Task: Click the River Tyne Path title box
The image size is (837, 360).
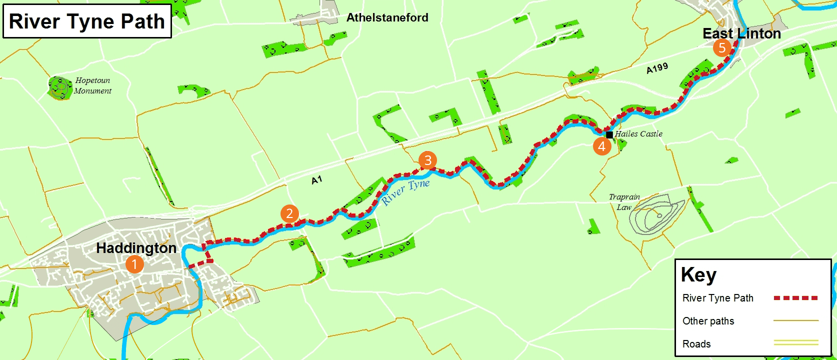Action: point(87,21)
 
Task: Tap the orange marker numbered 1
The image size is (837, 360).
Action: point(134,264)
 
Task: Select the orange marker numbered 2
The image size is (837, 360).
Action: point(289,213)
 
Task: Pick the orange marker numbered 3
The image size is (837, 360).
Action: point(427,160)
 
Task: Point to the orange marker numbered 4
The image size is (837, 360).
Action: point(602,146)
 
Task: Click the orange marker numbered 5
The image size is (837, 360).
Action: point(722,48)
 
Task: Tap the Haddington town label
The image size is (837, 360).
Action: point(136,248)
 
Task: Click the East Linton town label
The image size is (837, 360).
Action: point(741,33)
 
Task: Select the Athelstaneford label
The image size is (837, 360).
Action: point(387,17)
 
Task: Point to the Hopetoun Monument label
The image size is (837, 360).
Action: point(92,85)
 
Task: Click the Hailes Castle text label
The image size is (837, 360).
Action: point(638,133)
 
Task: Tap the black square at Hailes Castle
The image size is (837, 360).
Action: point(609,134)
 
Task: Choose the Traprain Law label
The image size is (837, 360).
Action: point(624,201)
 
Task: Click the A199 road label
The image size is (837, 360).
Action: point(657,68)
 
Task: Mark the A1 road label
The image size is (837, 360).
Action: point(317,180)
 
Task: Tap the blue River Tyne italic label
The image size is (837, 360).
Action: point(405,191)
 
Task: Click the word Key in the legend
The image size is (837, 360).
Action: point(698,274)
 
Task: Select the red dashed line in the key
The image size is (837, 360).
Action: point(795,298)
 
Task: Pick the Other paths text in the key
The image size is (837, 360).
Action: point(708,321)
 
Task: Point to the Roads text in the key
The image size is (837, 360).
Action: point(696,344)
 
